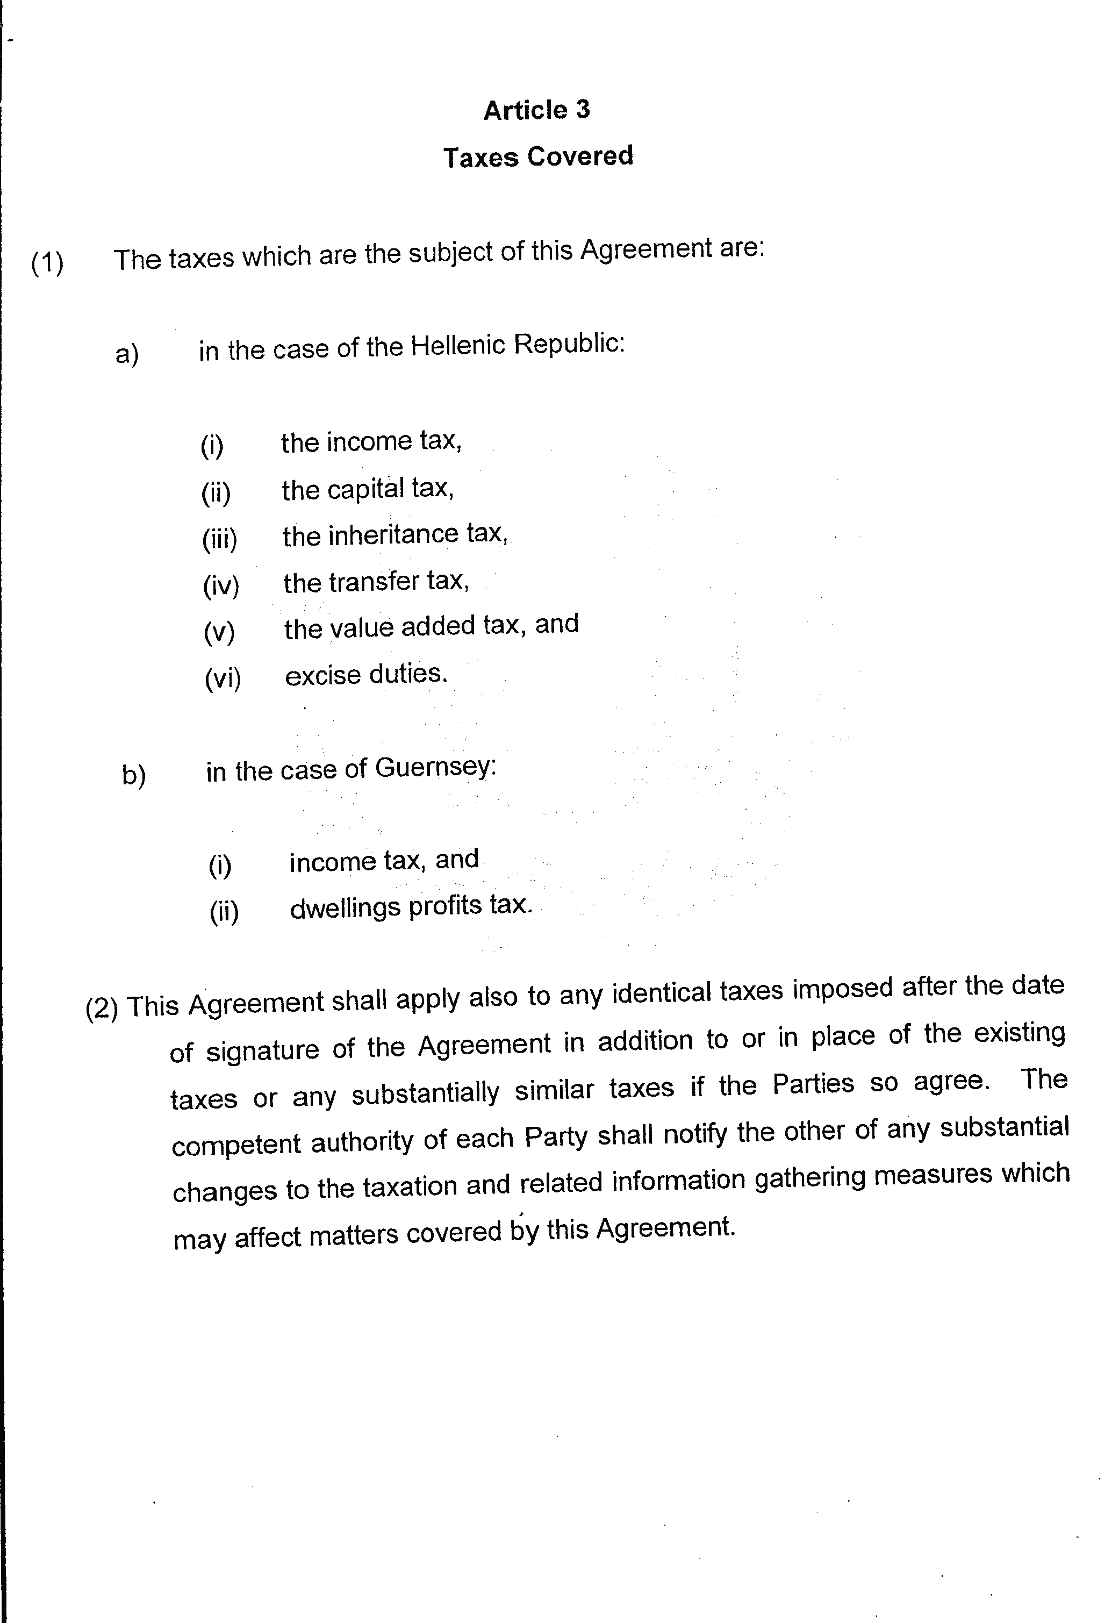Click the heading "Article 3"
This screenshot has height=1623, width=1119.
pos(536,110)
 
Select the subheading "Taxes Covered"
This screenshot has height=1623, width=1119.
pos(538,156)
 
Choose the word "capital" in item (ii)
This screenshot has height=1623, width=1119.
pos(365,489)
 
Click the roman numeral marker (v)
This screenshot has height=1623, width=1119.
pos(219,632)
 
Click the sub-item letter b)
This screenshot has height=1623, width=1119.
pos(134,775)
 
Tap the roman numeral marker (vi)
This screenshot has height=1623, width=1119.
pos(223,678)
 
